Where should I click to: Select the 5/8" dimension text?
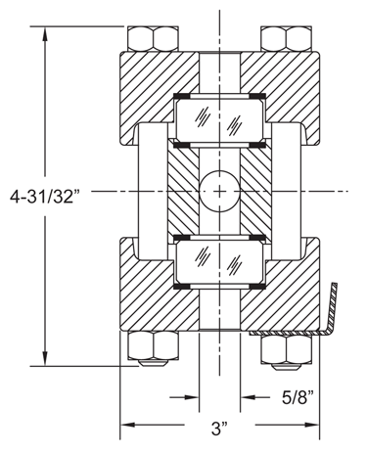click(298, 397)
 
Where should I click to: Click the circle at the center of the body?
click(220, 191)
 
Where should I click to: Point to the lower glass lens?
click(220, 262)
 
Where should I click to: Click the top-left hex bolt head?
click(153, 38)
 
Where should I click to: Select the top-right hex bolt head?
click(286, 38)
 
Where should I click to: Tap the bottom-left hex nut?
click(153, 346)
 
